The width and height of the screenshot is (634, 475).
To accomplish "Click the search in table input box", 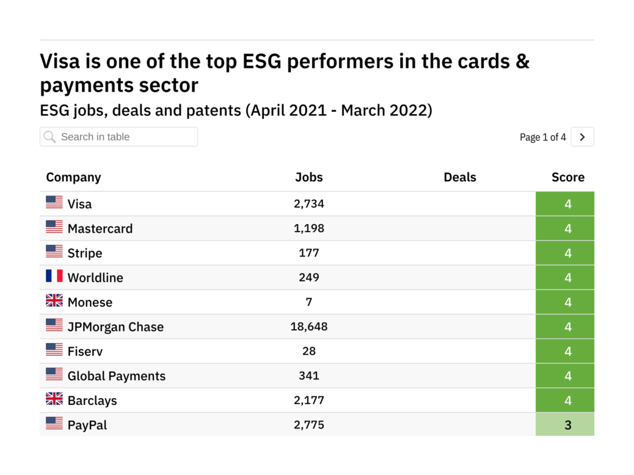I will pyautogui.click(x=119, y=137).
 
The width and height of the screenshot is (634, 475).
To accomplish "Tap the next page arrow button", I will pyautogui.click(x=582, y=137).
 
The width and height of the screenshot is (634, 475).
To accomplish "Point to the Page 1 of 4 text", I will pyautogui.click(x=542, y=137).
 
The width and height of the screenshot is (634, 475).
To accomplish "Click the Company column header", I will pyautogui.click(x=73, y=177).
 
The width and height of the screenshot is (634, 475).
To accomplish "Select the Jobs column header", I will pyautogui.click(x=308, y=177).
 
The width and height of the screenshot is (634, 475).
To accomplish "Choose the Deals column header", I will pyautogui.click(x=459, y=177).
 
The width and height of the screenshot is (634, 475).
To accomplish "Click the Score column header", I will pyautogui.click(x=567, y=177).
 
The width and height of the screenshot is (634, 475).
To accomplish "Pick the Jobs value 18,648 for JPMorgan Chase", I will pyautogui.click(x=308, y=327).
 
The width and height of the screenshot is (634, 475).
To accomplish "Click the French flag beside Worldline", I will pyautogui.click(x=54, y=276).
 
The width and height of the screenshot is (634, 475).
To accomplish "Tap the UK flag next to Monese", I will pyautogui.click(x=54, y=300).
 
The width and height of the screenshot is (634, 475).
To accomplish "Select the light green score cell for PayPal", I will pyautogui.click(x=565, y=425).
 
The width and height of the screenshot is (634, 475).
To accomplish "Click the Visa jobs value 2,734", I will pyautogui.click(x=308, y=204).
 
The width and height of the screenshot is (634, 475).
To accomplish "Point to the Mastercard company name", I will pyautogui.click(x=100, y=229).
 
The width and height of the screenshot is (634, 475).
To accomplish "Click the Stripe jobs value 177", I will pyautogui.click(x=308, y=253).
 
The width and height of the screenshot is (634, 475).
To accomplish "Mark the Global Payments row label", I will pyautogui.click(x=116, y=376).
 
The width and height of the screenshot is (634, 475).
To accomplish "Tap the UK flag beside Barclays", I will pyautogui.click(x=54, y=399).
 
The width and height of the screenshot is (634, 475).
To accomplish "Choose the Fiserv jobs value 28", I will pyautogui.click(x=308, y=351).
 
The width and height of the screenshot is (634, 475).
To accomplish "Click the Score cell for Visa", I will pyautogui.click(x=565, y=204).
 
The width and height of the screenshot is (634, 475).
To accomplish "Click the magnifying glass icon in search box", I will pyautogui.click(x=50, y=137).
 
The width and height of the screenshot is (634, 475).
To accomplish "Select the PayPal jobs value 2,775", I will pyautogui.click(x=308, y=425).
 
